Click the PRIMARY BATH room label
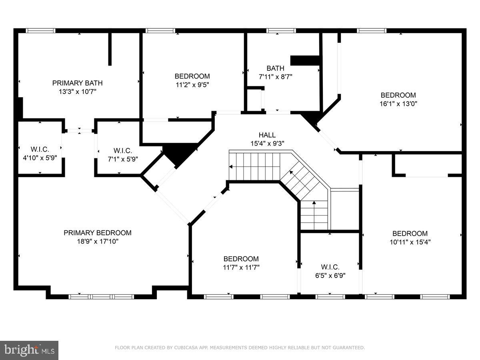pyautogui.click(x=77, y=83)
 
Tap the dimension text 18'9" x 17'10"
pyautogui.click(x=97, y=242)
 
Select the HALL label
pyautogui.click(x=267, y=135)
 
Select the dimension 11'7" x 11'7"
pyautogui.click(x=241, y=268)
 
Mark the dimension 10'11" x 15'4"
pyautogui.click(x=410, y=242)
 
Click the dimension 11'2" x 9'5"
pyautogui.click(x=192, y=85)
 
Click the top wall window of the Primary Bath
pyautogui.click(x=40, y=30)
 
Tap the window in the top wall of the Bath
pyautogui.click(x=281, y=30)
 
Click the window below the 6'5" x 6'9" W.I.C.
pyautogui.click(x=330, y=297)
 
